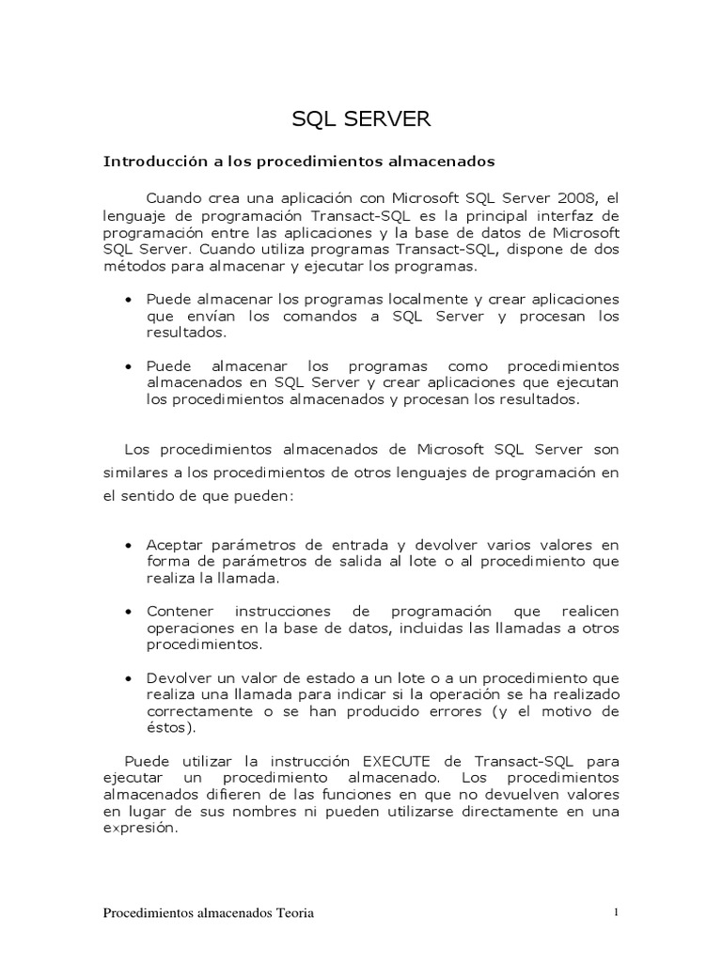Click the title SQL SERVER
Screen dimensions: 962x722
[361, 119]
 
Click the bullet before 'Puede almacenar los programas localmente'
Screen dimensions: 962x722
[129, 300]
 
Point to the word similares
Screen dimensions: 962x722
[133, 472]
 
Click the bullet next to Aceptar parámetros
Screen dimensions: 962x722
[129, 546]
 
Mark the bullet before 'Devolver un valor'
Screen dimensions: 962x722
[129, 678]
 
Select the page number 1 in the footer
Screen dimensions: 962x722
[615, 912]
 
